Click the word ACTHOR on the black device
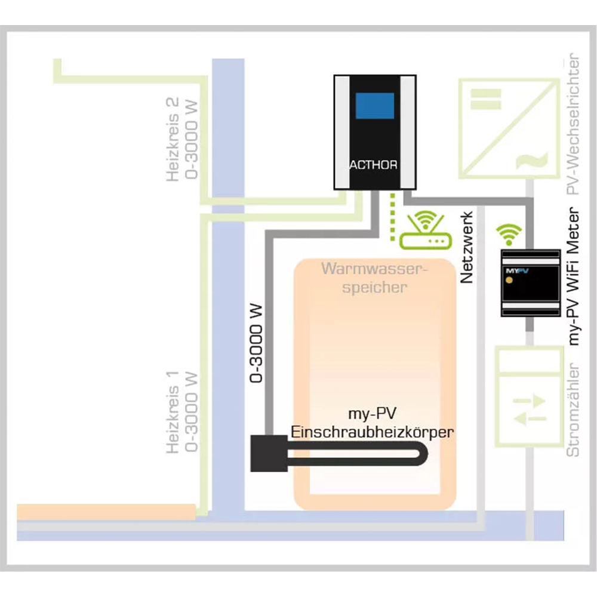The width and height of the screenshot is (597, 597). (374, 165)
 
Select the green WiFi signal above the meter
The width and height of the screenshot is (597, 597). (510, 234)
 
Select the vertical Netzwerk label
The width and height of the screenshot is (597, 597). (467, 247)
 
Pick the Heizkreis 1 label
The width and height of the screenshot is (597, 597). (183, 411)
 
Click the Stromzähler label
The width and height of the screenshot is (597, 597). (574, 409)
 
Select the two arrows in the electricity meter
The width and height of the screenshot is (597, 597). (530, 409)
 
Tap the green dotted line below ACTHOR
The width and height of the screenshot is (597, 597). (392, 217)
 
